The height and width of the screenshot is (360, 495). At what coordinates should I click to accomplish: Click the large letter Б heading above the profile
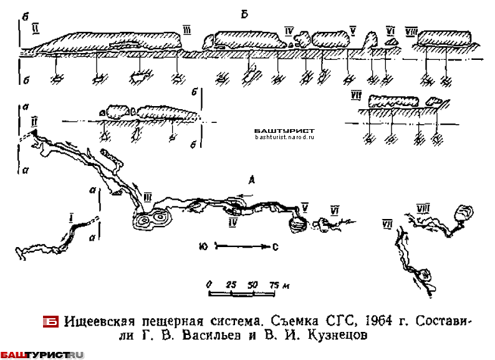pos(246,14)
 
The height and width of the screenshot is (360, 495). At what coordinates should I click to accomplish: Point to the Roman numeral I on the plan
pos(72,217)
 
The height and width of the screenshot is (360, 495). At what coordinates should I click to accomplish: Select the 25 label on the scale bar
pos(231,283)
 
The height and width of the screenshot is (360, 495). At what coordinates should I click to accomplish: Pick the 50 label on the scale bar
pos(252,283)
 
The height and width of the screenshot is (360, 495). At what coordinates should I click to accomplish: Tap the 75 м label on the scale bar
pos(276,283)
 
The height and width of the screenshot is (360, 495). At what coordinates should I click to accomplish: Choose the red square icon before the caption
pos(50,322)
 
